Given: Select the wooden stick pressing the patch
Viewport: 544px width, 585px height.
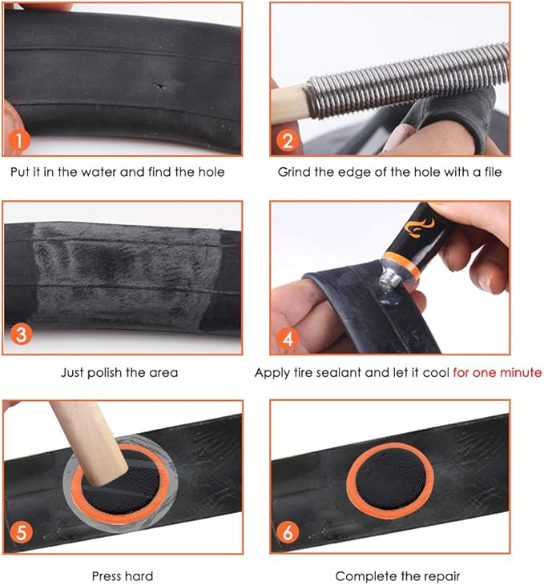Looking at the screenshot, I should [x=88, y=444].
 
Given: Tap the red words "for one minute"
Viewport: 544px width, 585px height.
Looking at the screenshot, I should [x=497, y=372].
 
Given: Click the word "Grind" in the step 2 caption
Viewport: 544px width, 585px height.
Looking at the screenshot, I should [x=293, y=172].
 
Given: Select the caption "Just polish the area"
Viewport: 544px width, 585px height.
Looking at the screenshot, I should [x=119, y=372].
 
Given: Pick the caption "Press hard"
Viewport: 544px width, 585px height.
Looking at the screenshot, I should [x=122, y=575].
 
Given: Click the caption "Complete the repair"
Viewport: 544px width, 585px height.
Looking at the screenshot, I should [x=397, y=575].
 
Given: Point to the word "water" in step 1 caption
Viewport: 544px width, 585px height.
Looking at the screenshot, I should [x=135, y=172].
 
